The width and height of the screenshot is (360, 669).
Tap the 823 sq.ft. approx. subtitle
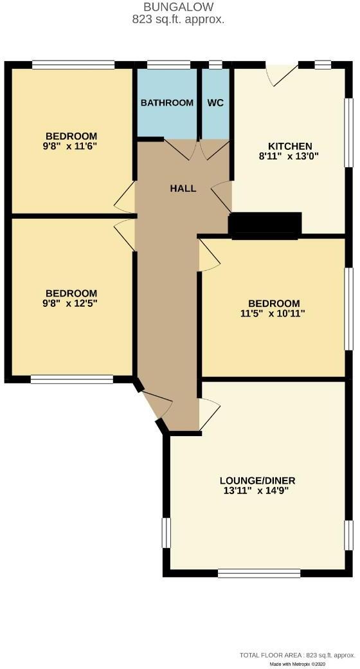pyautogui.click(x=178, y=19)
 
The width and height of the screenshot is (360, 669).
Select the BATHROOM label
pyautogui.click(x=167, y=103)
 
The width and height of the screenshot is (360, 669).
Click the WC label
pyautogui.click(x=215, y=103)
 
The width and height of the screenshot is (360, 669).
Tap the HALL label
pyautogui.click(x=183, y=188)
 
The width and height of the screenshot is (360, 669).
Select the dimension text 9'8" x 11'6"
pyautogui.click(x=71, y=146)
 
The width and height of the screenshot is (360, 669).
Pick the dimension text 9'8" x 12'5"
pyautogui.click(x=71, y=303)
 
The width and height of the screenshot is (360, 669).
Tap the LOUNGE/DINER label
pyautogui.click(x=257, y=481)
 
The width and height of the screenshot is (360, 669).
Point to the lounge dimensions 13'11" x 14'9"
pyautogui.click(x=257, y=491)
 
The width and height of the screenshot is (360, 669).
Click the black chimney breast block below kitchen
pyautogui.click(x=265, y=226)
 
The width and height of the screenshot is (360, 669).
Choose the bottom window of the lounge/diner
pyautogui.click(x=258, y=572)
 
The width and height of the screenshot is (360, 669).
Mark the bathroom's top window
pyautogui.click(x=168, y=64)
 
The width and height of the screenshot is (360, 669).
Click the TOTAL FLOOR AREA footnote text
pyautogui.click(x=296, y=655)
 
